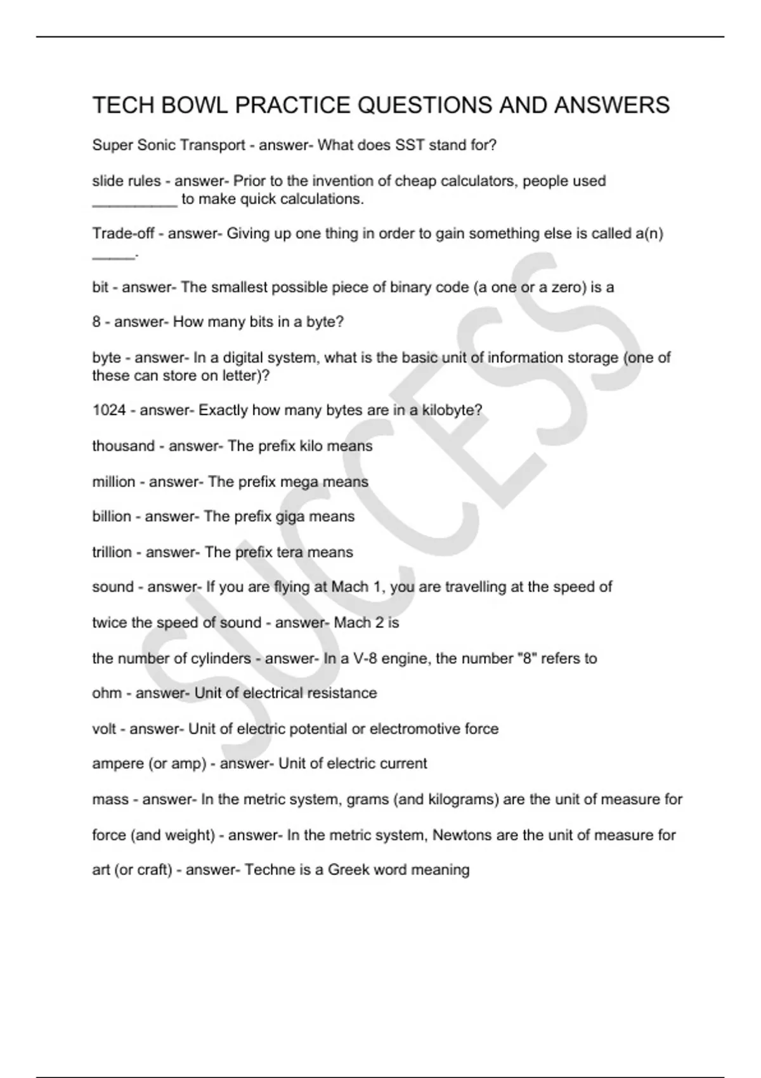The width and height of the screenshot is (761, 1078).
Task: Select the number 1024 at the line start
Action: coord(109,410)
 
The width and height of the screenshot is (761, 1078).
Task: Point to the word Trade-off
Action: coord(123,233)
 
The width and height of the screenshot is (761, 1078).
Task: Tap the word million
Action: coord(114,482)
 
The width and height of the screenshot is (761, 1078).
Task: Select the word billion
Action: coord(112,517)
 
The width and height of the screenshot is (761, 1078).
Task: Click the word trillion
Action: coord(112,552)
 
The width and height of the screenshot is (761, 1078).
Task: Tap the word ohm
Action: coord(107,693)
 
